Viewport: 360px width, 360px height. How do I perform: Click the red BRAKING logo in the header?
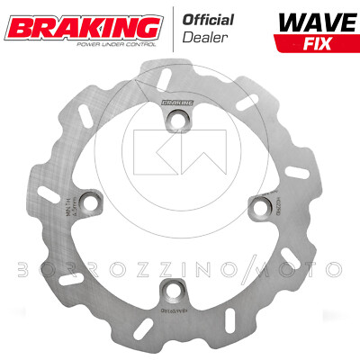67,20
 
